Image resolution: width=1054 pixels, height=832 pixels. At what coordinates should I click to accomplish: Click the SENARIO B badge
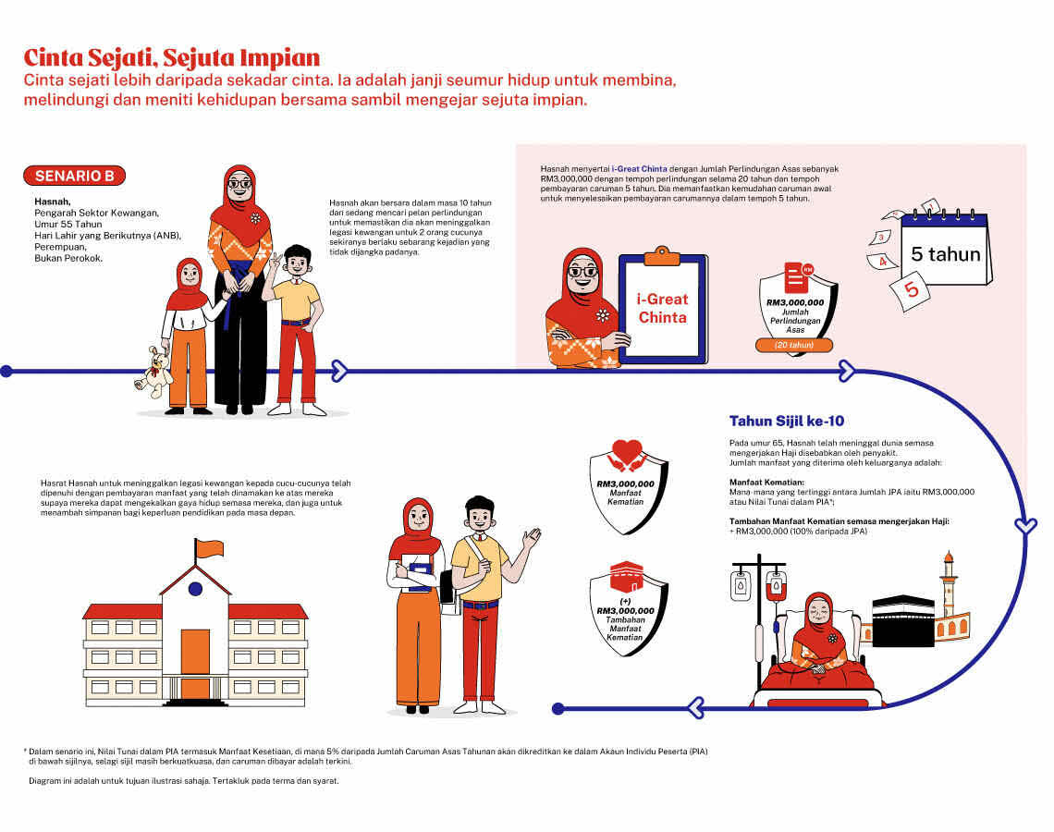click(x=75, y=176)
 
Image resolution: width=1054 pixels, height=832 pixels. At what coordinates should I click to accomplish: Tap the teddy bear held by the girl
click(x=153, y=373)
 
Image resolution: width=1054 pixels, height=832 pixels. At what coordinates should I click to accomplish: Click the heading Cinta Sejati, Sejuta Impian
click(x=171, y=58)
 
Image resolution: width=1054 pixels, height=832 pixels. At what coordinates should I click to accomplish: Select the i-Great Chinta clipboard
click(x=662, y=307)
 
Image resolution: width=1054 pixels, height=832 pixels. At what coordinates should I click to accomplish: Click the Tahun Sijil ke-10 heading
click(x=787, y=422)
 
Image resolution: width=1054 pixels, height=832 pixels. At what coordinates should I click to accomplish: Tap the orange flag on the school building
click(x=208, y=548)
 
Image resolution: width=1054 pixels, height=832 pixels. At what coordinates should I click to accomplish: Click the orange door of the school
click(x=195, y=662)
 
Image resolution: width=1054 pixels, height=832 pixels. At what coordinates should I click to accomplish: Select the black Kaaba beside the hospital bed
click(x=902, y=621)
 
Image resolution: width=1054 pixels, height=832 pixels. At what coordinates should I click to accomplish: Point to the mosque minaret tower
click(x=949, y=583)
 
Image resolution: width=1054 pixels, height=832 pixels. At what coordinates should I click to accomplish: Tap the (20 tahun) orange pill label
click(x=794, y=346)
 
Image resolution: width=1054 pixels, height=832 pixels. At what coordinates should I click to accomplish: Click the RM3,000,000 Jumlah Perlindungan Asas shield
click(x=797, y=308)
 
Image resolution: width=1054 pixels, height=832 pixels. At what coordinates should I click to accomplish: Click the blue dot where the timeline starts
click(x=6, y=371)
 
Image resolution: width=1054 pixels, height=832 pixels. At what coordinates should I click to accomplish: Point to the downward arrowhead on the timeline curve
click(x=1025, y=525)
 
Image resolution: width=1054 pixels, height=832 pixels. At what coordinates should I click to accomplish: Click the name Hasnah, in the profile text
click(x=53, y=202)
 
